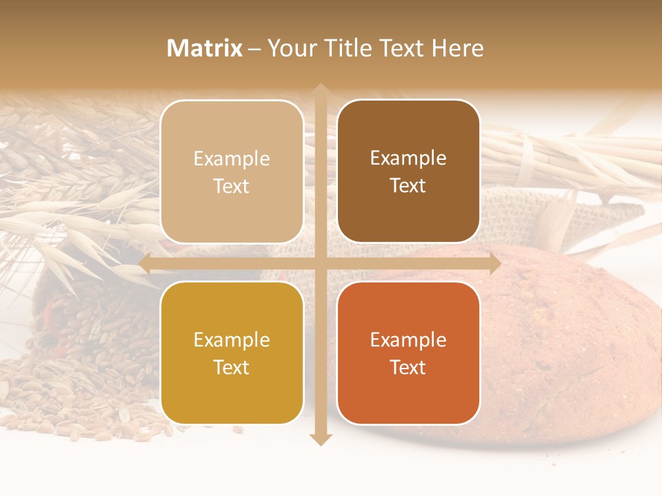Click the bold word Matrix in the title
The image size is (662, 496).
(x=205, y=48)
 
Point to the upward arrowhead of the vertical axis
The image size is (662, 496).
(x=320, y=90)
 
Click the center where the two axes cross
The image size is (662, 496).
(x=320, y=263)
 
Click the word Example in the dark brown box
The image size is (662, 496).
(x=408, y=158)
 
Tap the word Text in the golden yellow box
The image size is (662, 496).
(x=232, y=367)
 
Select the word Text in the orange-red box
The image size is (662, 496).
(x=408, y=367)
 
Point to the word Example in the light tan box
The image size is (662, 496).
(x=232, y=158)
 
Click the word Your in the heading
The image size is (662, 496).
(x=290, y=48)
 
